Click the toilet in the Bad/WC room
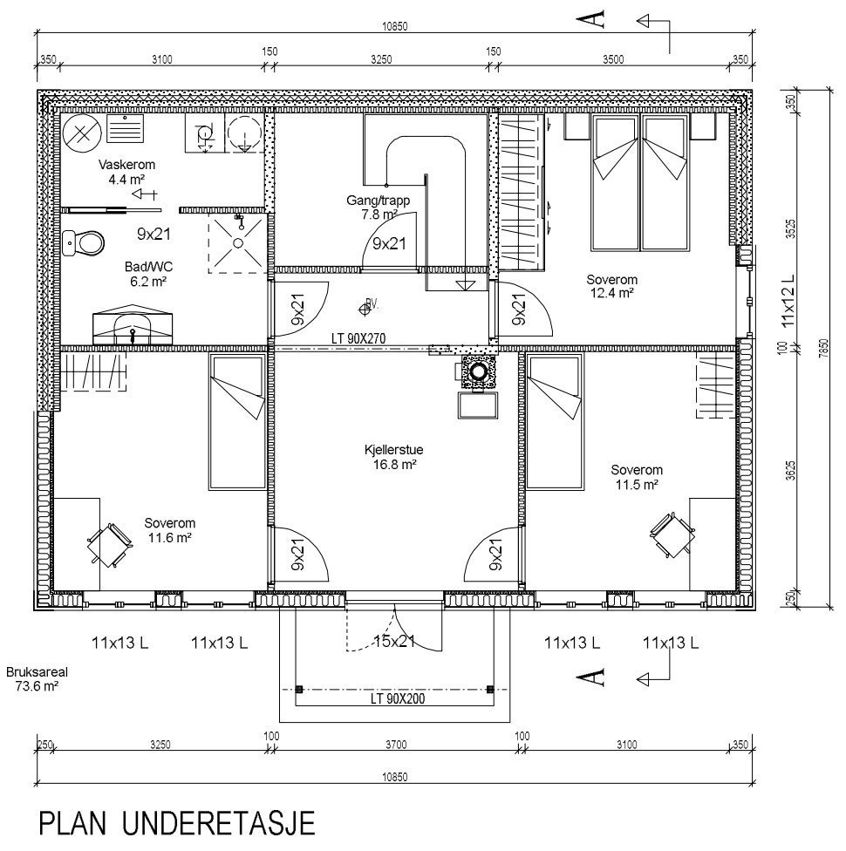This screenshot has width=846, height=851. click(x=84, y=243)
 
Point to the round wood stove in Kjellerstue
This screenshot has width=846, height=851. click(x=479, y=372)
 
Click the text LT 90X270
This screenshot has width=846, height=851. click(x=358, y=338)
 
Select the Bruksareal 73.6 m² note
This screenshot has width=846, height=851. click(x=32, y=679)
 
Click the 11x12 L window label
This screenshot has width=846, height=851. click(x=788, y=301)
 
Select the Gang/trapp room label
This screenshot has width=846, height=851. click(x=379, y=207)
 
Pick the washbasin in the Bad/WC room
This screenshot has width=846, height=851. click(x=133, y=323)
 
